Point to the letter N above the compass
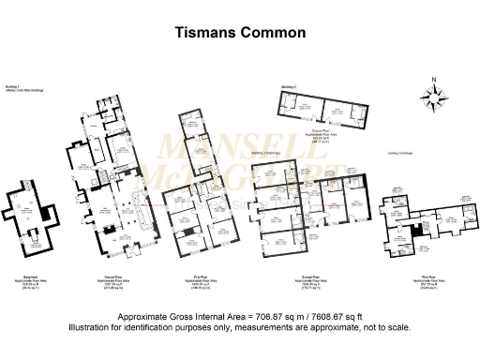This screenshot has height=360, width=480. click(x=433, y=80)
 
